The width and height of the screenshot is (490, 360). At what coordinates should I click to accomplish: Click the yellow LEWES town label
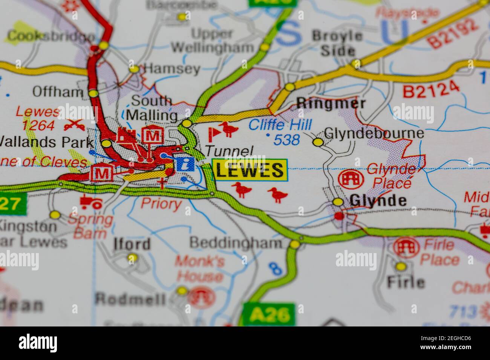point(250,170)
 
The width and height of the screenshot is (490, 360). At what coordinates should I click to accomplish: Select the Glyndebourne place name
point(374,133)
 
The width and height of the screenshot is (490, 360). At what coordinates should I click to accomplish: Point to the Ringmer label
point(331,103)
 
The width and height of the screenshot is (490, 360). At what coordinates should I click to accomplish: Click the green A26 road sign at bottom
point(268,314)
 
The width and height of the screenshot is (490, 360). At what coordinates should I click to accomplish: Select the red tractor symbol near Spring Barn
point(91,203)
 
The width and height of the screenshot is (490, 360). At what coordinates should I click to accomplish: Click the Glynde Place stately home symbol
point(351,179)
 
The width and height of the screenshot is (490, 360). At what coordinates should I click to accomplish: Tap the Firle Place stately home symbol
point(406,247)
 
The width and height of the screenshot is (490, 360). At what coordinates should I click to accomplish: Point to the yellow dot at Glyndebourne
point(318,142)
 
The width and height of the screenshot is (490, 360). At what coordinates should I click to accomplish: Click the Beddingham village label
point(236,243)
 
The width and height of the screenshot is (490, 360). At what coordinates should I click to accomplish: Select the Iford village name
point(132,244)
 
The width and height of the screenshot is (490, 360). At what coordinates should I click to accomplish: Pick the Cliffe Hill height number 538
point(286,140)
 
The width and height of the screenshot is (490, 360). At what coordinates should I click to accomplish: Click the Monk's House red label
point(200,268)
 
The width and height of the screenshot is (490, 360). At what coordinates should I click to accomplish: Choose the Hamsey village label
point(172,69)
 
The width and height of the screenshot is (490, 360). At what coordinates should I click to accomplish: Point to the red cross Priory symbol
point(162,184)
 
